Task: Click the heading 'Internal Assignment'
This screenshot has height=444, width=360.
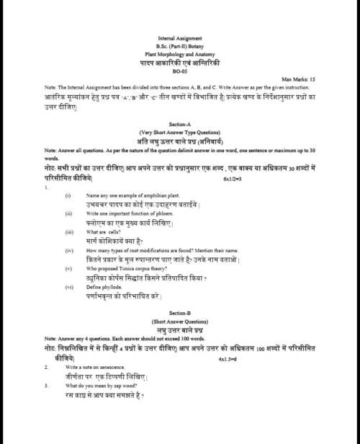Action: click(179, 37)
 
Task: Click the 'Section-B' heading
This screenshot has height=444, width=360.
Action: click(179, 334)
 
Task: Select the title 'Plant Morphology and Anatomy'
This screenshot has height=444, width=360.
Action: click(179, 53)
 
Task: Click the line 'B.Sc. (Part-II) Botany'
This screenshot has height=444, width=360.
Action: click(179, 45)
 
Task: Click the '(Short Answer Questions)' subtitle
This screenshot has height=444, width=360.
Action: click(179, 342)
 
